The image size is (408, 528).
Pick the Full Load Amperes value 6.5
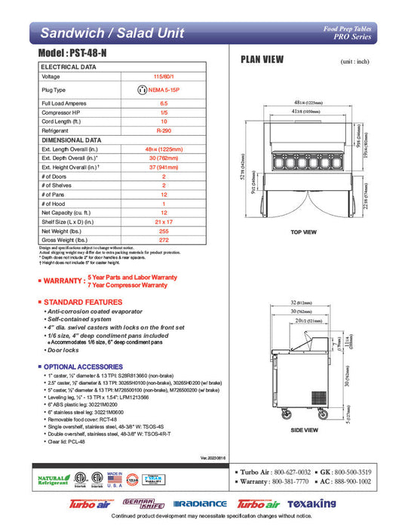(163, 102)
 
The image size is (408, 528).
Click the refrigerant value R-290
(163, 129)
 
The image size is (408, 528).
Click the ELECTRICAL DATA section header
(69, 67)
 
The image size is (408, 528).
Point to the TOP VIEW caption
(304, 232)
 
